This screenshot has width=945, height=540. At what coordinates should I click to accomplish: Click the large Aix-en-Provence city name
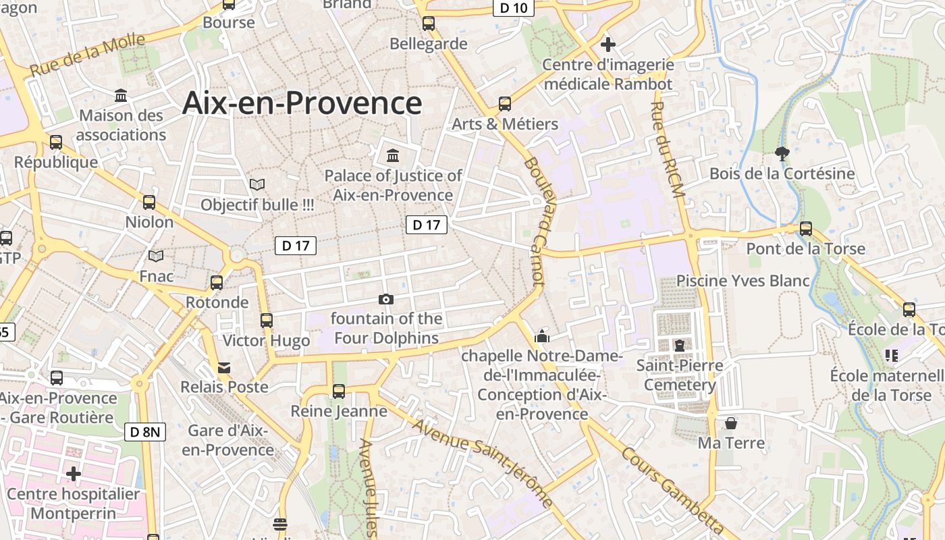[302, 103]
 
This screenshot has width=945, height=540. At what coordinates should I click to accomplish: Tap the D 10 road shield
[514, 7]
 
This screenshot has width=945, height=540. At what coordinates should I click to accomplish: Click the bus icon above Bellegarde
[429, 24]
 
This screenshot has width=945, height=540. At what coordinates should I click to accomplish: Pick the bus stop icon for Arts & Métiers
[505, 104]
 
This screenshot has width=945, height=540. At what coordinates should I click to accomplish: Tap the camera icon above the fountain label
[386, 299]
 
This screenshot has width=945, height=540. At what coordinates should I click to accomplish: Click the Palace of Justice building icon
[393, 156]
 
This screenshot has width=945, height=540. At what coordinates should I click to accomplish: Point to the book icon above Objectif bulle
[257, 184]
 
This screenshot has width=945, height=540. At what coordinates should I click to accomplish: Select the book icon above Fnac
[156, 256]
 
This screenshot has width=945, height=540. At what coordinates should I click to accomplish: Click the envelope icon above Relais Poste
[223, 368]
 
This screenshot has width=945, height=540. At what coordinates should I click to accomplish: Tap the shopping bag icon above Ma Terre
[730, 424]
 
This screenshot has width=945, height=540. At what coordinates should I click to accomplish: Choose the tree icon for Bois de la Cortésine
[782, 153]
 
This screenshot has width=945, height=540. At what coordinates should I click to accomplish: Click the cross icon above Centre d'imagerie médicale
[608, 45]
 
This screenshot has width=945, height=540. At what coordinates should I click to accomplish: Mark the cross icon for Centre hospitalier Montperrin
[74, 474]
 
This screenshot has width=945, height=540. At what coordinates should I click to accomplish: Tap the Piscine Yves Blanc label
[743, 281]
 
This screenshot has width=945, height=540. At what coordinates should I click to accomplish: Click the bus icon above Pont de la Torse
[806, 229]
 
